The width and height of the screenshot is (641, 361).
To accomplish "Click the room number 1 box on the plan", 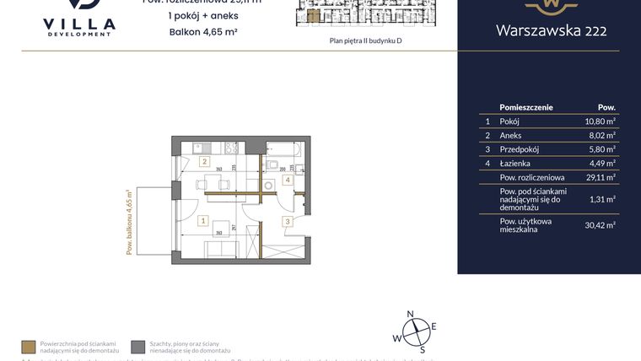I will pyautogui.click(x=203, y=221).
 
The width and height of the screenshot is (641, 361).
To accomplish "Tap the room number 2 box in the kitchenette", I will pyautogui.click(x=203, y=160).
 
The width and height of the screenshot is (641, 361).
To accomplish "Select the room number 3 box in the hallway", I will pyautogui.click(x=287, y=221).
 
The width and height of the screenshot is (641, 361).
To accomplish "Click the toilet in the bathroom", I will pyautogui.click(x=274, y=164).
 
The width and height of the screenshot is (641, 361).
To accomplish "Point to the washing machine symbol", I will pyautogui.click(x=268, y=186).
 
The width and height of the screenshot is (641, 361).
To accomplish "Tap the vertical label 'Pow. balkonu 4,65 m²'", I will pyautogui.click(x=131, y=221).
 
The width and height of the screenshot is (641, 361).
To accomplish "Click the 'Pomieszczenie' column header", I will pyautogui.click(x=526, y=108).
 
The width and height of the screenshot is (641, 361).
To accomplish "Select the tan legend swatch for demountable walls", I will pyautogui.click(x=27, y=346).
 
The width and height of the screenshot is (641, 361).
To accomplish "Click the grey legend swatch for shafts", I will pyautogui.click(x=137, y=346).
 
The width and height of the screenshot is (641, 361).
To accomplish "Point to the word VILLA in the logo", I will pyautogui.click(x=78, y=24).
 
